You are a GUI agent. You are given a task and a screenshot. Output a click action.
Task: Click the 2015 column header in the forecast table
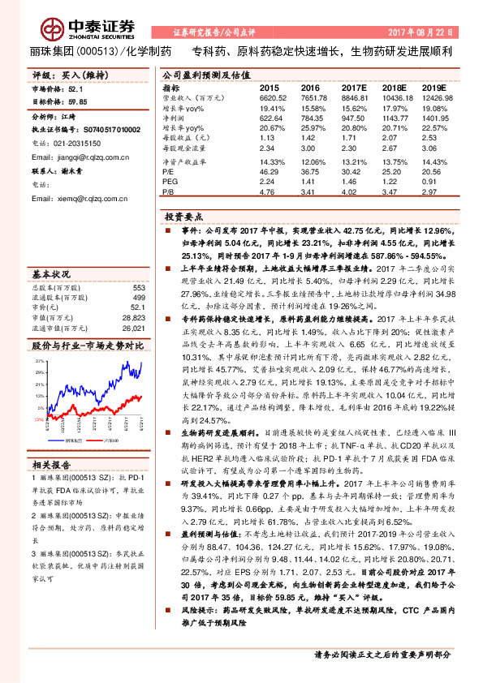(269, 88)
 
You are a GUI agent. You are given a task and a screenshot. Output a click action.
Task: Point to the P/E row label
(169, 173)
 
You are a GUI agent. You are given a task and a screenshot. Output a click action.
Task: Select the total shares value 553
(138, 288)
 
